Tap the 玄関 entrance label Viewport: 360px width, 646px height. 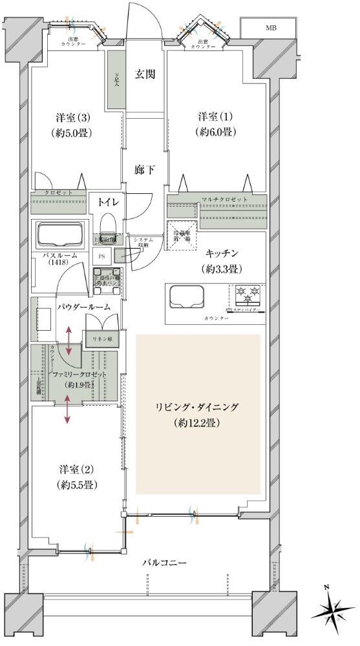pyautogui.click(x=145, y=74)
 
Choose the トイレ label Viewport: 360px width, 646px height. pyautogui.click(x=108, y=202)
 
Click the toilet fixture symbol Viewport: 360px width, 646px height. pyautogui.click(x=109, y=225)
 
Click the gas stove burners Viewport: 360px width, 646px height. pyautogui.click(x=246, y=295)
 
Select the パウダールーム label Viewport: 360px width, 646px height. pyautogui.click(x=83, y=306)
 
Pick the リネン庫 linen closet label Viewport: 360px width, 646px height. pyautogui.click(x=101, y=339)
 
